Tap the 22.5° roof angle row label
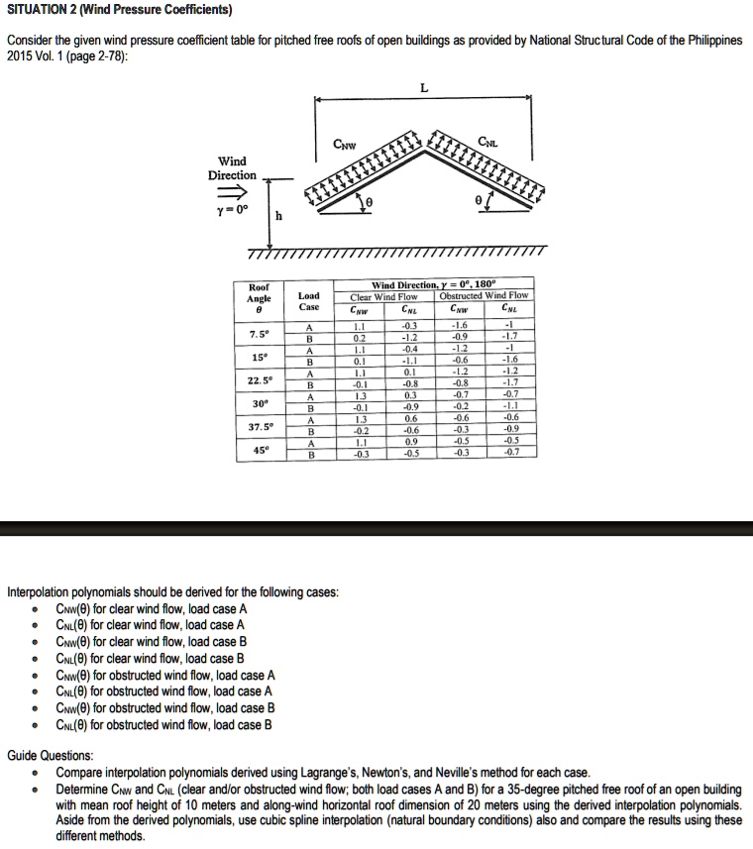258,378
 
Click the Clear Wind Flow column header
384,295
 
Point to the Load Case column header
308,301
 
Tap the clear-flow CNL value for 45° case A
409,442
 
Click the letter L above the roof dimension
424,87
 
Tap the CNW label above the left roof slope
346,147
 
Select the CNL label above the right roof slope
487,143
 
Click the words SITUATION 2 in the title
47,11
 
